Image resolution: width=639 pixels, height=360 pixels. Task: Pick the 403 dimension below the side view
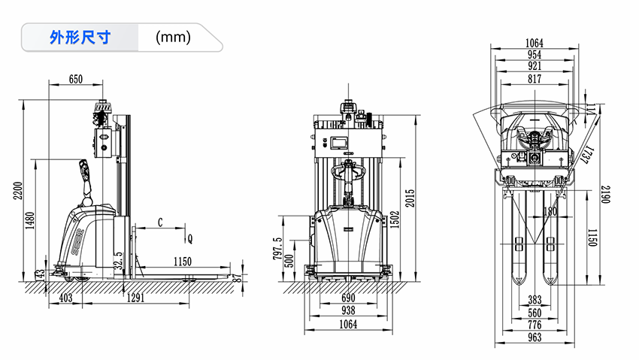[65, 298]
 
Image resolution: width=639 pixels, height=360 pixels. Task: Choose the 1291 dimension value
[135, 298]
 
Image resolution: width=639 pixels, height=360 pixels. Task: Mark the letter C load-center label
[160, 222]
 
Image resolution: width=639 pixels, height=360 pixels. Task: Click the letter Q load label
[190, 239]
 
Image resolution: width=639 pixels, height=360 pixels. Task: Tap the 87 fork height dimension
[238, 278]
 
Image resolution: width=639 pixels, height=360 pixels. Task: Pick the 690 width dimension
[348, 298]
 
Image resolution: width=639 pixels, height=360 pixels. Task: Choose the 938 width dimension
[348, 310]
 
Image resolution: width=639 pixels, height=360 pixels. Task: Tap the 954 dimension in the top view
[535, 55]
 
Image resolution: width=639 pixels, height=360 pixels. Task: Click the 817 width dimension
[535, 79]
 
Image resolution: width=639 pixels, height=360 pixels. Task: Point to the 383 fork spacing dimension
[535, 300]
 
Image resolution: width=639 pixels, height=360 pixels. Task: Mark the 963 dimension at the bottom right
[535, 337]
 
